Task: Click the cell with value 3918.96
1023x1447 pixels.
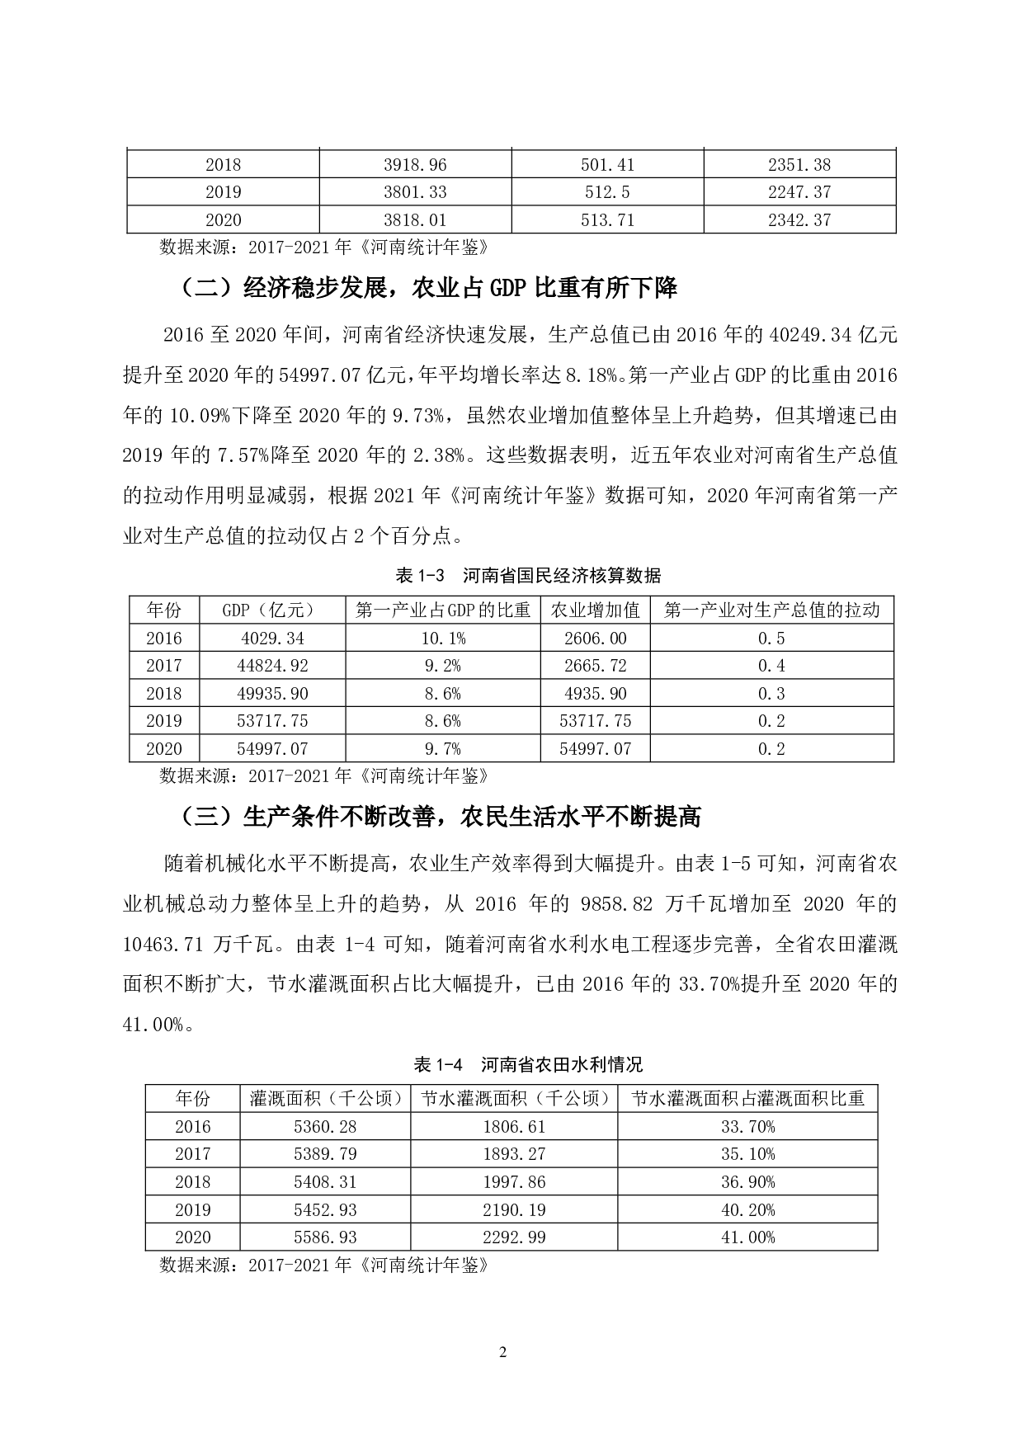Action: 415,165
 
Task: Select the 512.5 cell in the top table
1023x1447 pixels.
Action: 607,192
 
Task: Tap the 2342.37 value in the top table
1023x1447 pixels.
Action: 799,220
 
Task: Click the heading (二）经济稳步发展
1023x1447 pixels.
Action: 429,288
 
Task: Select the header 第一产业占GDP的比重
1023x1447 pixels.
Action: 442,610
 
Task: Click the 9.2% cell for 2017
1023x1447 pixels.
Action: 442,666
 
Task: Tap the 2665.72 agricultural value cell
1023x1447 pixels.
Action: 595,666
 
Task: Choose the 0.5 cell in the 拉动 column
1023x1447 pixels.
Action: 771,639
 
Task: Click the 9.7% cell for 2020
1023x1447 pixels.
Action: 442,749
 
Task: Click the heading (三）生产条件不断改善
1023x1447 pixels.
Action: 441,817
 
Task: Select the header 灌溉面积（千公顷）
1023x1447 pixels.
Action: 324,1099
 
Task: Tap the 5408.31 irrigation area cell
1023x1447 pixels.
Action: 324,1182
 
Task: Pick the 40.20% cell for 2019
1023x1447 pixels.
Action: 747,1210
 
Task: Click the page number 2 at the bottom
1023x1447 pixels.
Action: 504,1353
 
